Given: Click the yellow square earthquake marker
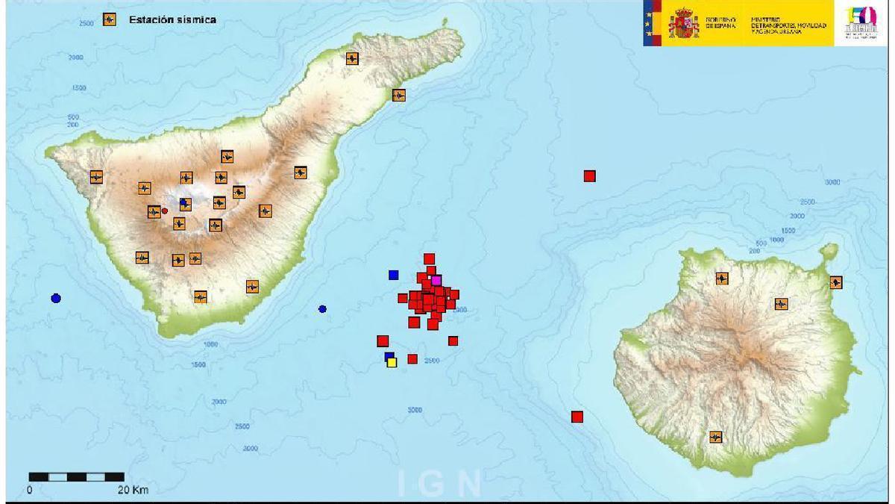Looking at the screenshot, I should [392, 362].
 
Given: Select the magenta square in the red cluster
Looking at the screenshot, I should [436, 280].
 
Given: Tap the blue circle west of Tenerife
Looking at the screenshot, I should [56, 299].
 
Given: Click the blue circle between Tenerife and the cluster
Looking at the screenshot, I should [322, 309].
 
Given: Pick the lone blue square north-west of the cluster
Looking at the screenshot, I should [394, 275].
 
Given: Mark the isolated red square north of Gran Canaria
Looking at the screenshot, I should [589, 176].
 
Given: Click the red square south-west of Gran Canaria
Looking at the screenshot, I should [577, 417].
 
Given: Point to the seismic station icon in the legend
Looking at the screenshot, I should [109, 20].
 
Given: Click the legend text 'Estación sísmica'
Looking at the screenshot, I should [172, 20].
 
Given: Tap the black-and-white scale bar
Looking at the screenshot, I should [77, 476].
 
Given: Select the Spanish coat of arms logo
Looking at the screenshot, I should [683, 23].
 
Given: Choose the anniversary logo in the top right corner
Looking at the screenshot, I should [861, 23].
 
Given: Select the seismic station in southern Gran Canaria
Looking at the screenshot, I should [716, 437].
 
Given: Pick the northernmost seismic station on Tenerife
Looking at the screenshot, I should [352, 58].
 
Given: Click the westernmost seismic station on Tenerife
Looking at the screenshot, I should [96, 177].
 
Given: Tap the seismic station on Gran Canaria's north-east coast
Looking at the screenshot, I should [836, 282].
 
